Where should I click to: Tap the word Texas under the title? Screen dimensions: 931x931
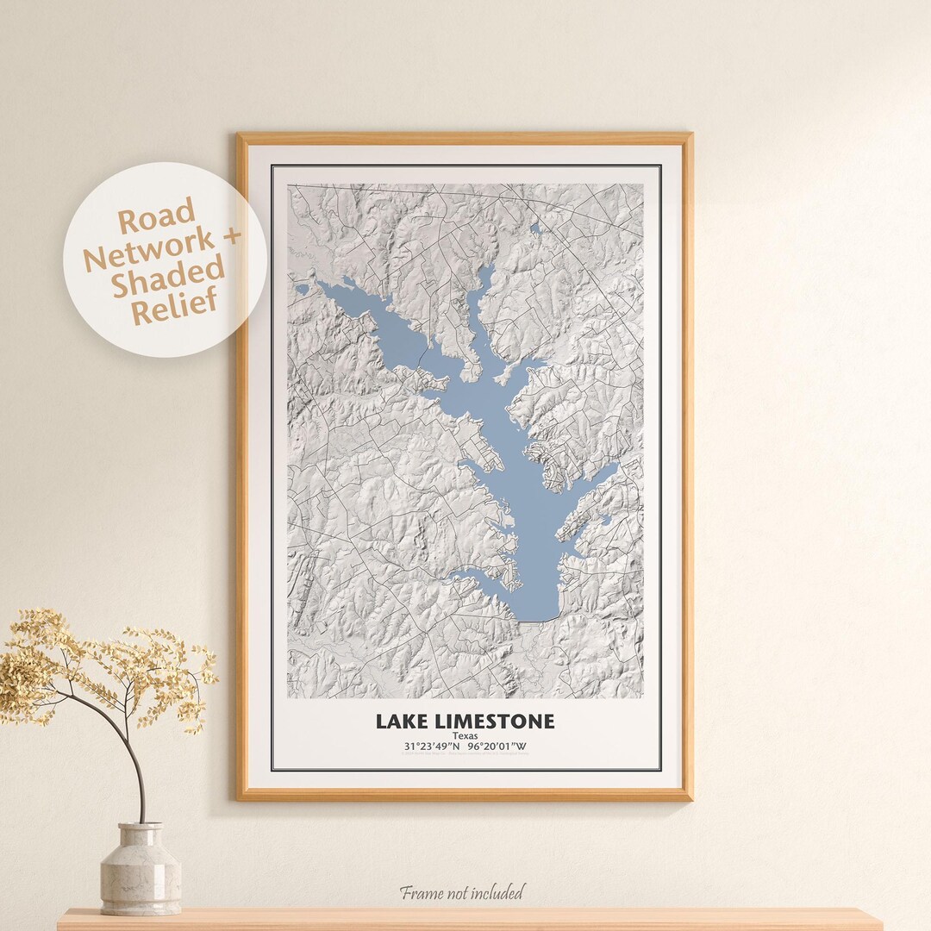point(465,736)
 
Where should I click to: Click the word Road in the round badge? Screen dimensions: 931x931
point(156,219)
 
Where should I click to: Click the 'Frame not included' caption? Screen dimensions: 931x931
point(461,892)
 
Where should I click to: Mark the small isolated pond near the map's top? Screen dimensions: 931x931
point(535,228)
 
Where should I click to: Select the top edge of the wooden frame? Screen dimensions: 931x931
point(465,138)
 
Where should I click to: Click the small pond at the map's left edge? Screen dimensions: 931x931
point(301,289)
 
